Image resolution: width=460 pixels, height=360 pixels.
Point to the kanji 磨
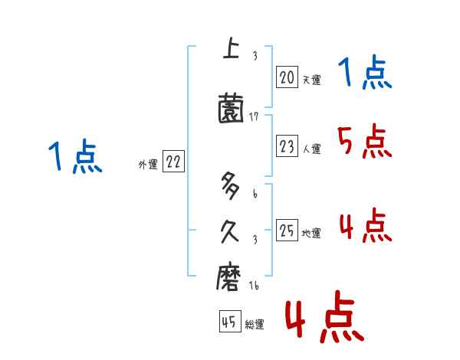coord(230,276)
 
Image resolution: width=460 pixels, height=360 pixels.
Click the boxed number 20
coord(287,77)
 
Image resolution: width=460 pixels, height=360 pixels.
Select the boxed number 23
coord(287,147)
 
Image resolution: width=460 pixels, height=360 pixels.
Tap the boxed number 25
coord(287,231)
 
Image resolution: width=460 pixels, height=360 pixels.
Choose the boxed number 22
coord(173,162)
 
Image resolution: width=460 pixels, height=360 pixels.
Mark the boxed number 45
coord(229,322)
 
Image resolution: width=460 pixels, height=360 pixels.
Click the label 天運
coord(311,80)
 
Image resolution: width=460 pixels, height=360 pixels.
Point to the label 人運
coord(311,149)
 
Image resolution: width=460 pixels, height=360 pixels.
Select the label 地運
coord(311,234)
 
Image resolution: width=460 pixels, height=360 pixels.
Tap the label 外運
coord(148,165)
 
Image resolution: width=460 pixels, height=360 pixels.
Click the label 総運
coord(255,325)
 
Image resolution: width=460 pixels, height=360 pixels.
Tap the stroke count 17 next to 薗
coord(255,116)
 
